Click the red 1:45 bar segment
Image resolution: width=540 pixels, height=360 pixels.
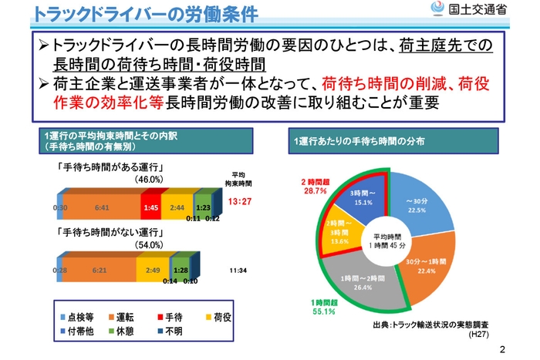[151, 207]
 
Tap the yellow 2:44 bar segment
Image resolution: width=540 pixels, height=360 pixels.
[177, 207]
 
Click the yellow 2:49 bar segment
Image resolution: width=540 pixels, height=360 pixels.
[153, 271]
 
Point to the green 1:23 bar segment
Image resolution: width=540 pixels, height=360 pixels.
[202, 207]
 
